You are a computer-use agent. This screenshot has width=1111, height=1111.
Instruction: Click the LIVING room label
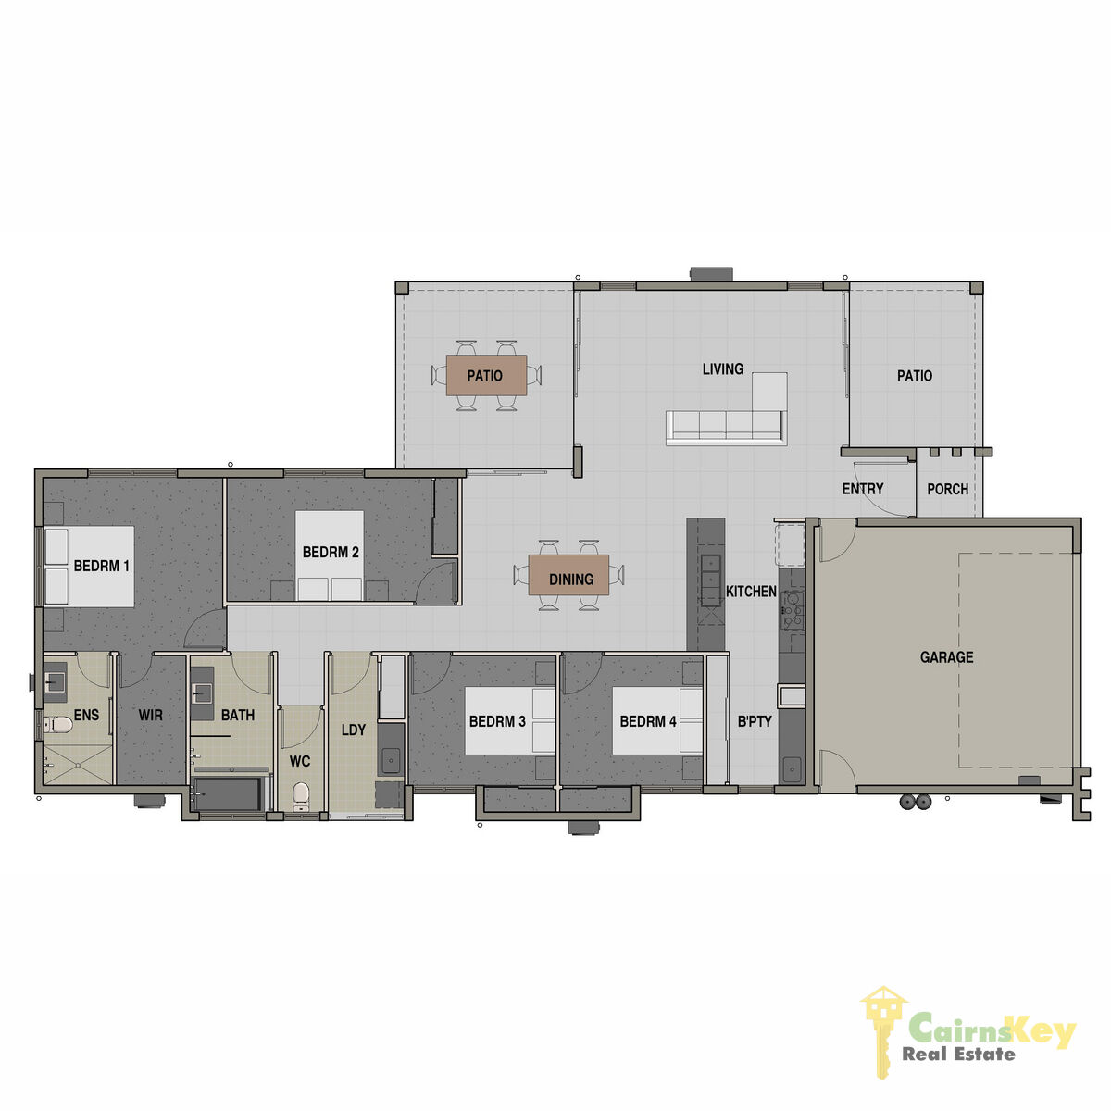click(722, 369)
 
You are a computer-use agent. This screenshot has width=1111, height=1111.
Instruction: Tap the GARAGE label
click(946, 657)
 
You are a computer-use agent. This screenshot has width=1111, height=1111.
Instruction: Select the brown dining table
click(568, 575)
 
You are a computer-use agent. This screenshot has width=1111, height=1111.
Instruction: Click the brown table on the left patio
click(486, 375)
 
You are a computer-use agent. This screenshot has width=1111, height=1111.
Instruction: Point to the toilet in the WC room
click(300, 796)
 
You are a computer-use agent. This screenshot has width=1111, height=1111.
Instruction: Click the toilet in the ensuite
click(57, 724)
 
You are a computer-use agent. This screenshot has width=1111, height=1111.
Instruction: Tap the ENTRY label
click(863, 489)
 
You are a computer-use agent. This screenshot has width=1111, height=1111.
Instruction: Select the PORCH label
click(947, 489)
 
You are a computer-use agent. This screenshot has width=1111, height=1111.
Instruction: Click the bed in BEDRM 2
click(330, 555)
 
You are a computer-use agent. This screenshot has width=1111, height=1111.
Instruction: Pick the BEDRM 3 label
click(497, 721)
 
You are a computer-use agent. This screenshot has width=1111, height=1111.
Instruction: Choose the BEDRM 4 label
click(647, 721)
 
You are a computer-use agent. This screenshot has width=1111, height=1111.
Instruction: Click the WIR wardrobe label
click(151, 716)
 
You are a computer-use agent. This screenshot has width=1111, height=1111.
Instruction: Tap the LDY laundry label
click(353, 730)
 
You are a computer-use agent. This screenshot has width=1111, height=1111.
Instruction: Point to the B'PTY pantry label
click(755, 721)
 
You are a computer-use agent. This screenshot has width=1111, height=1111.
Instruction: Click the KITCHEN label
click(751, 592)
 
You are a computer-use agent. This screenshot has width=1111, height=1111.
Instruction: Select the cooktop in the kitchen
click(793, 609)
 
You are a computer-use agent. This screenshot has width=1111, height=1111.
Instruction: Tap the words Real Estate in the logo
click(958, 1055)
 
